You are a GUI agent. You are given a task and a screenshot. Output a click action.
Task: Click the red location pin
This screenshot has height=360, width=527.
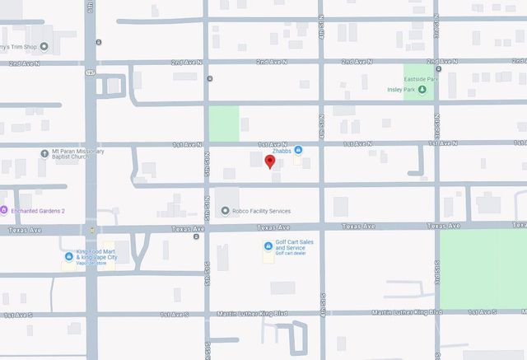coord(269,161)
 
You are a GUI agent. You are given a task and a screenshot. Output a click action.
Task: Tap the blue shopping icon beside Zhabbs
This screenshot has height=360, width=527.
coord(298,149)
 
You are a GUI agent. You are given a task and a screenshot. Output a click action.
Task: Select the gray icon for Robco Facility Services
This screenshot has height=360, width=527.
coord(225,211)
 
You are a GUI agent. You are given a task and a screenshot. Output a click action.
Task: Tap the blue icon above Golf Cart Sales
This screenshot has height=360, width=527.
coord(268,246)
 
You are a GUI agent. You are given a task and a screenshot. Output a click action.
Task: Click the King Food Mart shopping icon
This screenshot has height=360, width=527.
coord(68,257)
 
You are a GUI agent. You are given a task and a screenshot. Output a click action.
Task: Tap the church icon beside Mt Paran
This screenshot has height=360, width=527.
coord(44,152)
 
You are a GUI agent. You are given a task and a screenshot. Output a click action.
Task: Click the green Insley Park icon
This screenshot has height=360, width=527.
coord(422,89)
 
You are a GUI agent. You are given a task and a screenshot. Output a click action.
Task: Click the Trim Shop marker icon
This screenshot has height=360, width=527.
coord(44,46)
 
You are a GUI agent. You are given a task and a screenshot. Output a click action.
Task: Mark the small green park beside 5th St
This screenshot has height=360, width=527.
coord(223,124)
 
